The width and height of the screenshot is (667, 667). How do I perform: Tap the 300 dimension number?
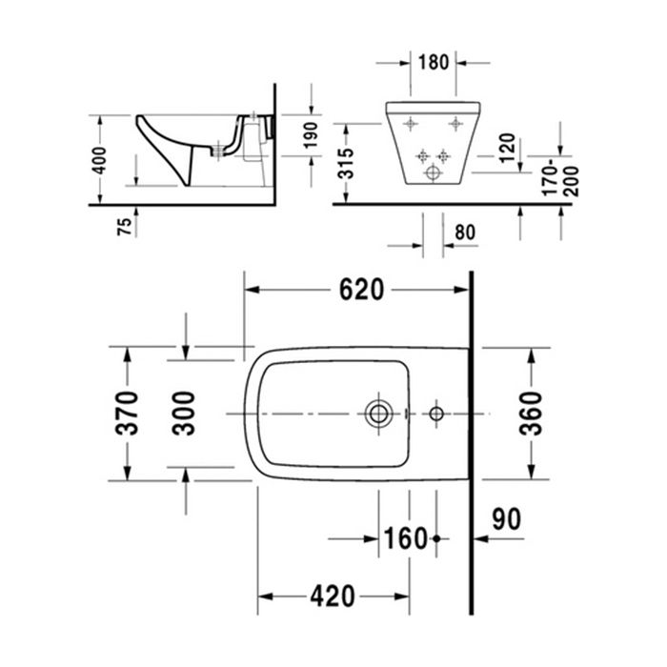pos(187,413)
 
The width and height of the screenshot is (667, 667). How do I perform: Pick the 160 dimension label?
pos(406,538)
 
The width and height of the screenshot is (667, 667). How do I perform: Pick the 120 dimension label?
pos(507,148)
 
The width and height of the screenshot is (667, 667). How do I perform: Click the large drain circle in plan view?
pos(378,414)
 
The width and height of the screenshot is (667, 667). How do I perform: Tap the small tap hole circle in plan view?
pos(437,414)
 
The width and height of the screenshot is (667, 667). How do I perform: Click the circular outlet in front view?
pos(434,172)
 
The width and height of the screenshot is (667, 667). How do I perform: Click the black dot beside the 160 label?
pos(436,539)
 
